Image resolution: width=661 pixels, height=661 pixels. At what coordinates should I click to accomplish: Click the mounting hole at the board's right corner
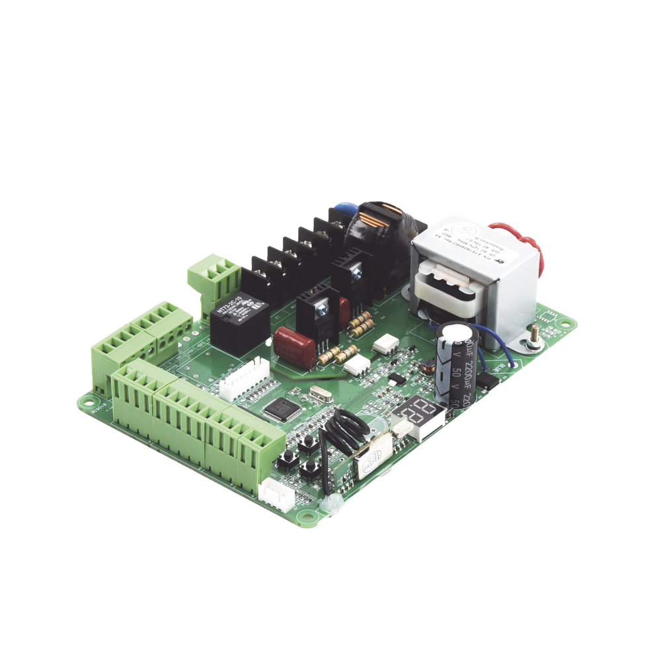(x=566, y=325)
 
